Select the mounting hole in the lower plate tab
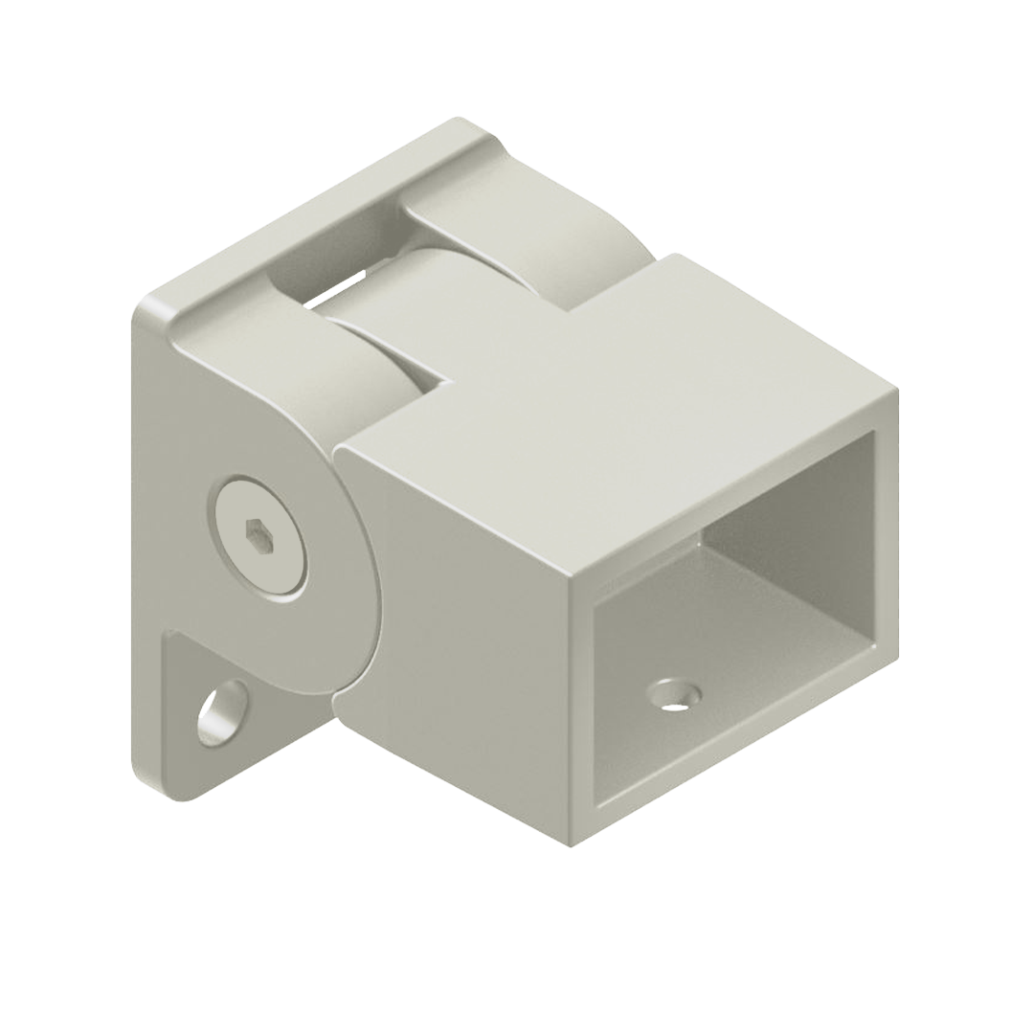click(222, 712)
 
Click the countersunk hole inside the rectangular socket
click(674, 694)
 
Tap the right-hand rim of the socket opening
click(887, 536)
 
